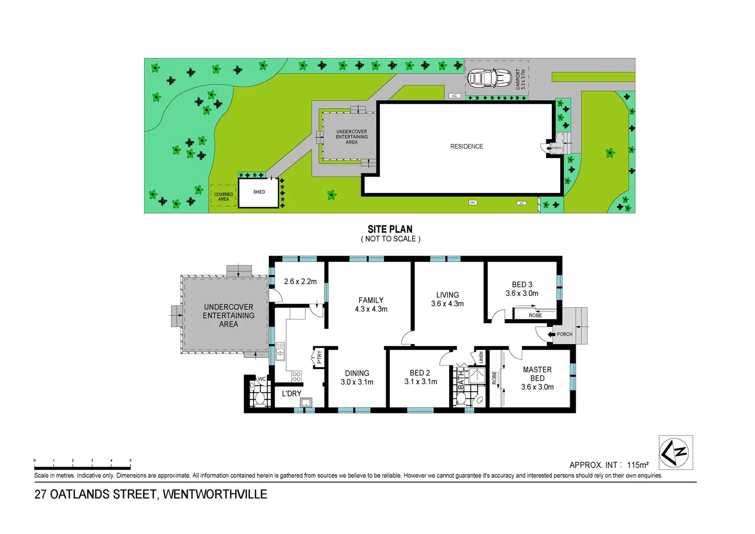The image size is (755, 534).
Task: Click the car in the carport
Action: pos(489,78)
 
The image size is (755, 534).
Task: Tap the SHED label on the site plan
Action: pos(259,192)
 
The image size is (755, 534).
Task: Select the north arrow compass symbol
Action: pos(675,452)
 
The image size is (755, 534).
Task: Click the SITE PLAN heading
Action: pos(390,229)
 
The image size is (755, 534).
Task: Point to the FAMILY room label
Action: pos(371,300)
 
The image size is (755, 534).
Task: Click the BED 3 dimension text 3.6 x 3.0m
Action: pos(522,293)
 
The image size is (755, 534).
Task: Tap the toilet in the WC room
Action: pos(259,398)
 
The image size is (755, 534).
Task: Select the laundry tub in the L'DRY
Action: pos(306,402)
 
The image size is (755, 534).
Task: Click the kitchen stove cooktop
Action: pos(296,376)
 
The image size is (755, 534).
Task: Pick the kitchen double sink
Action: pos(280,351)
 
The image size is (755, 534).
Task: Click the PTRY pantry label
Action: pos(319,356)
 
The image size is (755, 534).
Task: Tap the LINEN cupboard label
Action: pos(481,357)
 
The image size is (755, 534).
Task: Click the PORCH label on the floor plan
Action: pos(564,334)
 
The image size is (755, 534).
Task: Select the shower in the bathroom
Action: pos(477,375)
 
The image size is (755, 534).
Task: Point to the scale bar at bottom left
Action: pos(82,467)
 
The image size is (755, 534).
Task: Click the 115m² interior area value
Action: pos(637,465)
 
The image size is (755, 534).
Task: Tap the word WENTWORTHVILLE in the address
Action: pos(215,494)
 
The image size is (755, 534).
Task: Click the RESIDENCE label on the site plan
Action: pos(466,146)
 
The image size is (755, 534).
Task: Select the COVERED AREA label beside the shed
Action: pos(223,197)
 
